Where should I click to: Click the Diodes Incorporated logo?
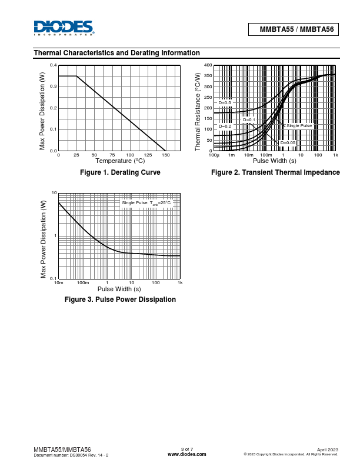tap(64, 28)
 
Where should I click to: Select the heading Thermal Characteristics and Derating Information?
tap(116, 53)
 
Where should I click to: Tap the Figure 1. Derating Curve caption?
tap(120, 172)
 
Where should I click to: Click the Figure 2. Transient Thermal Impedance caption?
tap(275, 172)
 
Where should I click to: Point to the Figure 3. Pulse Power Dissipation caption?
tap(120, 299)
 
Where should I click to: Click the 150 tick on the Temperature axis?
tap(165, 155)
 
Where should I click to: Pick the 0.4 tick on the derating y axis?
tap(53, 65)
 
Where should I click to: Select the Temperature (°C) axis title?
tap(120, 161)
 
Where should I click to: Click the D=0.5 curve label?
tap(225, 103)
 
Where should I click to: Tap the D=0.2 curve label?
tap(225, 126)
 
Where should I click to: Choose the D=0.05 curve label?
tap(287, 142)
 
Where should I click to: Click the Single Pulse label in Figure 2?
tap(299, 126)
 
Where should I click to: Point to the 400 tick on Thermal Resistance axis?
tap(208, 65)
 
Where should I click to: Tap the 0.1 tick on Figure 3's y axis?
tap(53, 278)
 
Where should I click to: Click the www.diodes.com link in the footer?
tap(187, 454)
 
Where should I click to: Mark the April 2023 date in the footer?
tap(328, 449)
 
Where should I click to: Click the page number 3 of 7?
tap(187, 449)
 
